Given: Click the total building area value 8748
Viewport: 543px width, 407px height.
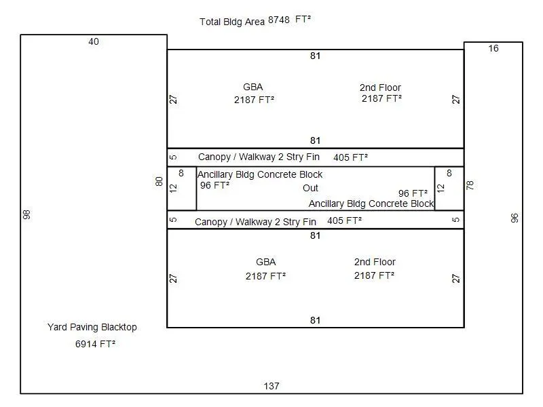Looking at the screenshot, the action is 279,20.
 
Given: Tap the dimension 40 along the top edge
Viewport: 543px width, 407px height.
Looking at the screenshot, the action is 94,41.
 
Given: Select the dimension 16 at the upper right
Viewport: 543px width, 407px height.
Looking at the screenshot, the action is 493,48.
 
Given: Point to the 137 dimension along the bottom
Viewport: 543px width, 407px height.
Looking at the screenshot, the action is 271,386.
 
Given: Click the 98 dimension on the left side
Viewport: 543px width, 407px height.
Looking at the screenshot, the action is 26,214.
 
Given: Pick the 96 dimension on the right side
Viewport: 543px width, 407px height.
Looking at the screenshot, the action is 514,218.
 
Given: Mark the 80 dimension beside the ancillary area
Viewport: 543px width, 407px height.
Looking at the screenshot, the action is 159,181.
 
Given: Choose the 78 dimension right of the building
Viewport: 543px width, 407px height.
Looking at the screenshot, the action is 470,185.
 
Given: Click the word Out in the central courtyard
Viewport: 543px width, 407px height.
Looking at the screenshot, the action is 310,188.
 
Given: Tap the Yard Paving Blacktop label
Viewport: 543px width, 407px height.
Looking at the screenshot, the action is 92,327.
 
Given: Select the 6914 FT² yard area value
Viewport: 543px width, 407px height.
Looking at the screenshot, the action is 95,344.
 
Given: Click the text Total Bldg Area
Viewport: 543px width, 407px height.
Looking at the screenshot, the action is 232,22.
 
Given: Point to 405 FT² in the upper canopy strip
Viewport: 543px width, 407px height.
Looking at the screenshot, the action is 350,157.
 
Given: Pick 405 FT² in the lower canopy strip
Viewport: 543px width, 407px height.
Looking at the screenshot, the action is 345,220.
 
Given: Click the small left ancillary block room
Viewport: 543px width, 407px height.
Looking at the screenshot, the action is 182,189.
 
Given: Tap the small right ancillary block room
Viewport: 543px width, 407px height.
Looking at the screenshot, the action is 449,189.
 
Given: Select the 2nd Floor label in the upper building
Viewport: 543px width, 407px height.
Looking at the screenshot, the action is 380,88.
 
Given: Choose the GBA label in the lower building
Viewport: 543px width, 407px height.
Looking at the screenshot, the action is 266,262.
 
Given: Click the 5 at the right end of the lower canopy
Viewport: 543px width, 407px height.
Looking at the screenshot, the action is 456,220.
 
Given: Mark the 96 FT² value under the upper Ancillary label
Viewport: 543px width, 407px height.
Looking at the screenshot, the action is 214,185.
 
